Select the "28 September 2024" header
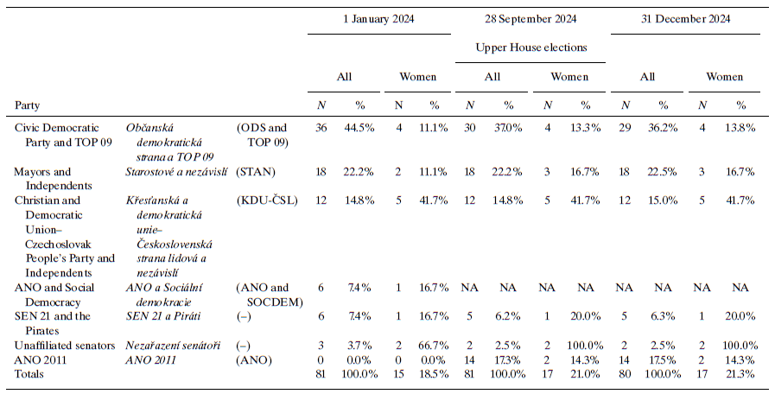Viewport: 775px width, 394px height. pyautogui.click(x=531, y=18)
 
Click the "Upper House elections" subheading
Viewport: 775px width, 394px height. pyautogui.click(x=531, y=47)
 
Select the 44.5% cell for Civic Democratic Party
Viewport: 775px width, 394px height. pyautogui.click(x=361, y=127)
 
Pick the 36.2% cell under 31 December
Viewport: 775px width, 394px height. pyautogui.click(x=664, y=127)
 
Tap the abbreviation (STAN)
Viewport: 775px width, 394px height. pyautogui.click(x=256, y=172)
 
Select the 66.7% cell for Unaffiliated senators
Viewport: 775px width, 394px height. pyautogui.click(x=433, y=345)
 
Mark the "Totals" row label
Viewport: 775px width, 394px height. pyautogui.click(x=31, y=372)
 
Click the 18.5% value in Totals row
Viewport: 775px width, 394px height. pyautogui.click(x=433, y=372)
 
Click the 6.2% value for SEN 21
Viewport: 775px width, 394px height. pyautogui.click(x=509, y=316)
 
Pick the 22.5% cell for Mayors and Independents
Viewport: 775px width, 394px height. pyautogui.click(x=664, y=172)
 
